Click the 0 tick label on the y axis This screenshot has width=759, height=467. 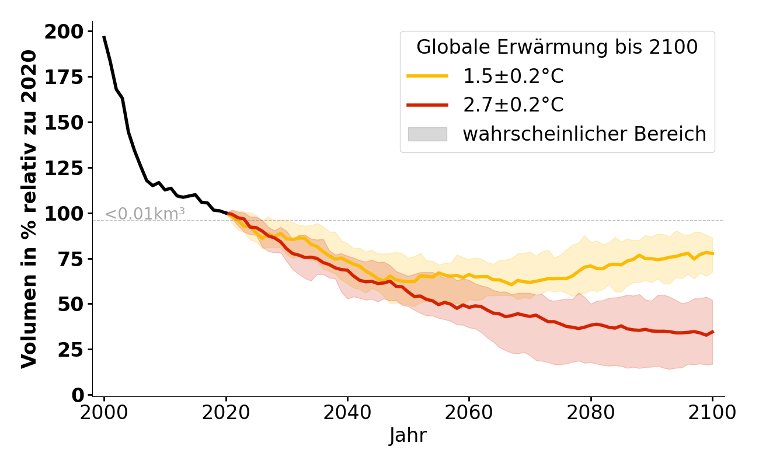pyautogui.click(x=78, y=395)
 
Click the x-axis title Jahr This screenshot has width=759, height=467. pyautogui.click(x=408, y=435)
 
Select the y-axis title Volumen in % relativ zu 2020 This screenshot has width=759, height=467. pyautogui.click(x=29, y=209)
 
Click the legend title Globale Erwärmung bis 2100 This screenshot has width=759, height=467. pyautogui.click(x=557, y=47)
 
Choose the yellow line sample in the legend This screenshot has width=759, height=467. pyautogui.click(x=427, y=76)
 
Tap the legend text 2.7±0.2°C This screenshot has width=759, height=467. pyautogui.click(x=513, y=105)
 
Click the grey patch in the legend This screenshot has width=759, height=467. pyautogui.click(x=427, y=134)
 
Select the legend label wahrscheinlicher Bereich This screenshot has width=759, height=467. pyautogui.click(x=584, y=134)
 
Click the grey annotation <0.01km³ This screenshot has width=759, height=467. pyautogui.click(x=145, y=214)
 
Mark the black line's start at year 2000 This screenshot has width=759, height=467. pyautogui.click(x=104, y=37)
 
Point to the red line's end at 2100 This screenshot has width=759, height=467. pyautogui.click(x=712, y=332)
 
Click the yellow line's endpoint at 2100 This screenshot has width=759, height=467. pyautogui.click(x=712, y=253)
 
